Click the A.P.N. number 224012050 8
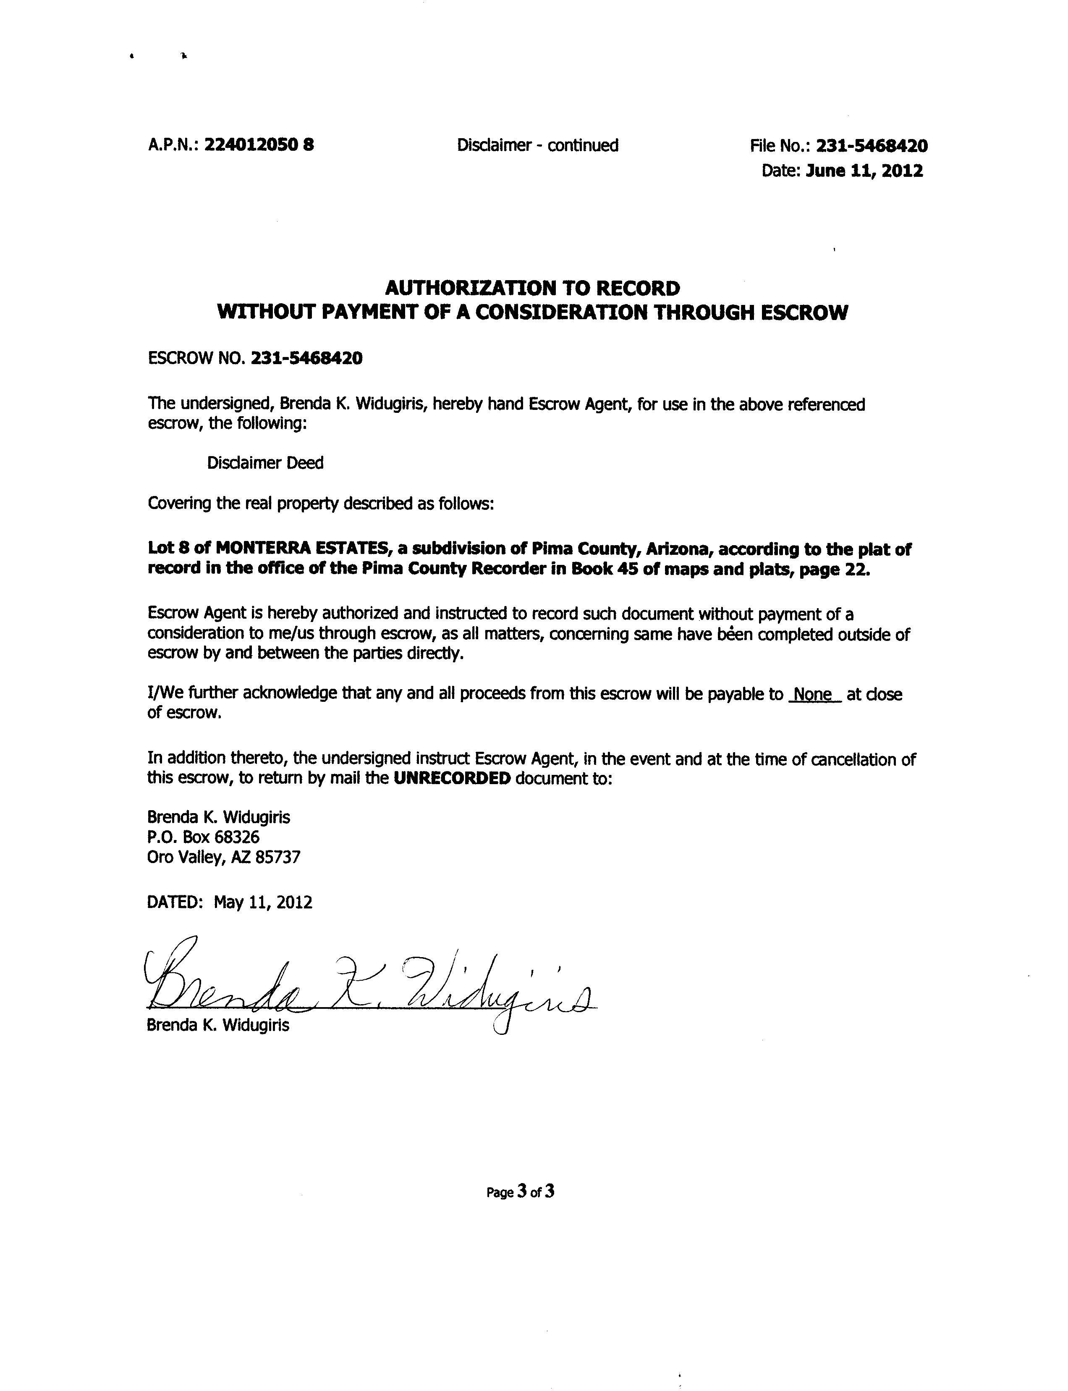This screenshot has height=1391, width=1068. [x=259, y=145]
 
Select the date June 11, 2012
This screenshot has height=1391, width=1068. [x=864, y=171]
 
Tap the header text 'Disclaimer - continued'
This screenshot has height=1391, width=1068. [x=537, y=146]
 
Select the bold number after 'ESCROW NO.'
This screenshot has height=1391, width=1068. [x=307, y=358]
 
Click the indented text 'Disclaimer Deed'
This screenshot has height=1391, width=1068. [x=265, y=462]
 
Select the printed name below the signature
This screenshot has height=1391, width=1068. [x=218, y=1025]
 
